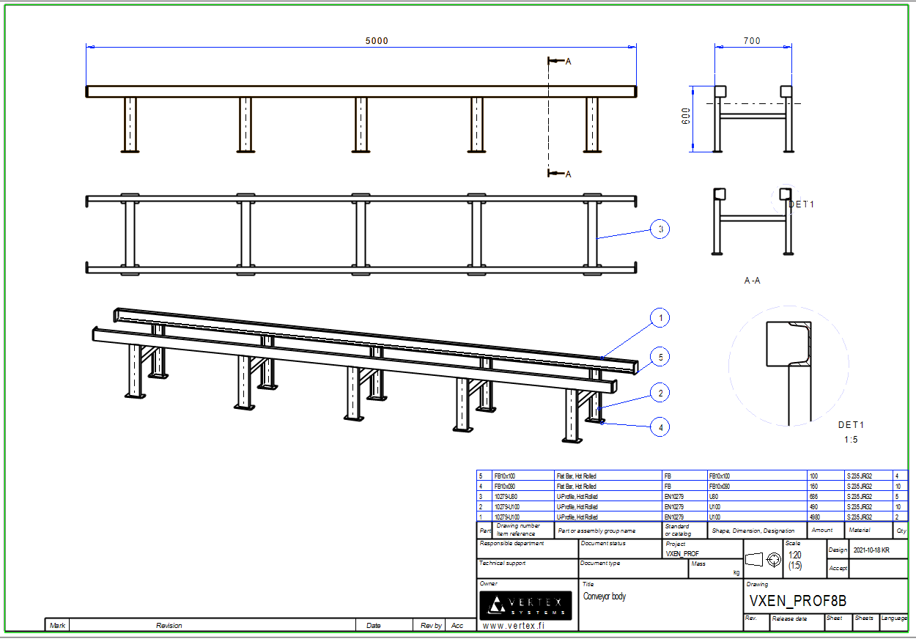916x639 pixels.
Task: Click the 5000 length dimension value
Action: [377, 41]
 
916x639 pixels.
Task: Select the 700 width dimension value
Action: [752, 41]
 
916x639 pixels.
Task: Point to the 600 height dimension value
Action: [686, 117]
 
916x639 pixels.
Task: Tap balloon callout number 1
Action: [660, 318]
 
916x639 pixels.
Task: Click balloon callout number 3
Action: [660, 229]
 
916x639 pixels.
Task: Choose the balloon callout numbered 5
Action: [660, 357]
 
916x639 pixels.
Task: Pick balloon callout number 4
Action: [660, 426]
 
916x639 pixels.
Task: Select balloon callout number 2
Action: [660, 394]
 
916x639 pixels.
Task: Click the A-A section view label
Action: [752, 280]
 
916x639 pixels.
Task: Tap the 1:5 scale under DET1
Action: [850, 440]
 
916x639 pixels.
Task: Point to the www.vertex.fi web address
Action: [514, 625]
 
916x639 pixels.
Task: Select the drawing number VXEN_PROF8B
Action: [798, 601]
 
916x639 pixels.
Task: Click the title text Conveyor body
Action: [605, 596]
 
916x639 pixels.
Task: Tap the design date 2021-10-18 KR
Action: [871, 550]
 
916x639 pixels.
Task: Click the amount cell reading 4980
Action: [818, 517]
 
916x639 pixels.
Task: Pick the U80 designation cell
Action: [714, 496]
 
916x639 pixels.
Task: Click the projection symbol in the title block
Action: [765, 560]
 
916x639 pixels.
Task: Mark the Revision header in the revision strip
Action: [169, 625]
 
